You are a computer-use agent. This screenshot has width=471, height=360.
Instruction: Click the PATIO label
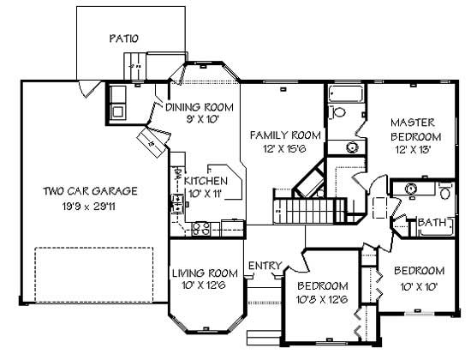pyautogui.click(x=124, y=38)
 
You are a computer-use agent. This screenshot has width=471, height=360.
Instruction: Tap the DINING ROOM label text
pyautogui.click(x=194, y=107)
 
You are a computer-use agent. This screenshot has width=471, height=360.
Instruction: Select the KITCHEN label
pyautogui.click(x=206, y=182)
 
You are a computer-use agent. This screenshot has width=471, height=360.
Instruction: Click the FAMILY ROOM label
pyautogui.click(x=285, y=135)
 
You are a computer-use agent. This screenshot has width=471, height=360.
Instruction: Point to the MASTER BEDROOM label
pyautogui.click(x=415, y=129)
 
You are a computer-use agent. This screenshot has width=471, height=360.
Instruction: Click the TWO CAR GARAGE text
pyautogui.click(x=90, y=191)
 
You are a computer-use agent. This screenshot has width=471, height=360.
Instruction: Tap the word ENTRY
pyautogui.click(x=264, y=266)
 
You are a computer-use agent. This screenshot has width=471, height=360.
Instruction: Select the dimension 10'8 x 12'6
pyautogui.click(x=322, y=299)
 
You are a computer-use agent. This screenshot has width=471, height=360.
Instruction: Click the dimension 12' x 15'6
pyautogui.click(x=285, y=150)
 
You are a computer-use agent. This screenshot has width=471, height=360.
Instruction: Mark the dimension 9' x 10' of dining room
pyautogui.click(x=194, y=120)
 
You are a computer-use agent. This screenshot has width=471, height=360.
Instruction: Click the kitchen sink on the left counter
pyautogui.click(x=177, y=203)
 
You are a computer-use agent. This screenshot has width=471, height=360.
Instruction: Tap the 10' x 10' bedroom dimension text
pyautogui.click(x=419, y=286)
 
